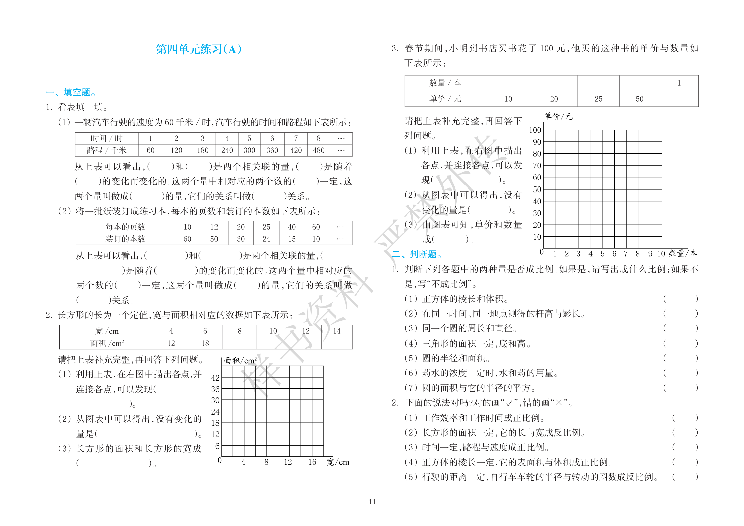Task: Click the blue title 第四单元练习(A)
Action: pyautogui.click(x=198, y=49)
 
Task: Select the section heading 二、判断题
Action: pyautogui.click(x=417, y=254)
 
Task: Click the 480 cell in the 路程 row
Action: pyautogui.click(x=318, y=150)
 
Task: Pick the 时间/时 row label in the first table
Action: pyautogui.click(x=107, y=138)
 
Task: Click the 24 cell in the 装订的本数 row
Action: pyautogui.click(x=266, y=239)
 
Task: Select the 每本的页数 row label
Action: pyautogui.click(x=125, y=227)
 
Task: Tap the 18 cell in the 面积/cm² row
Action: pyautogui.click(x=205, y=343)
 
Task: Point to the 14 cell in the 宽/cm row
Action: pyautogui.click(x=336, y=331)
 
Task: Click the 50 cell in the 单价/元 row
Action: pyautogui.click(x=639, y=99)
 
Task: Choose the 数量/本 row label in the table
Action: pyautogui.click(x=445, y=83)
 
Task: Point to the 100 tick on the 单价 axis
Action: pyautogui.click(x=535, y=130)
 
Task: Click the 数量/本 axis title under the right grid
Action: pyautogui.click(x=683, y=253)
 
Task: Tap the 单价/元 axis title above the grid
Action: pyautogui.click(x=558, y=117)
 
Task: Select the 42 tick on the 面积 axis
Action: pyautogui.click(x=215, y=378)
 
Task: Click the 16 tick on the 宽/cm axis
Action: pyautogui.click(x=312, y=462)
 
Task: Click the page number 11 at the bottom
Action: pyautogui.click(x=372, y=501)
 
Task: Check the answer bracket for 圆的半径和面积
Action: pyautogui.click(x=680, y=358)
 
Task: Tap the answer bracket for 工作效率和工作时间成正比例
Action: pyautogui.click(x=685, y=418)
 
